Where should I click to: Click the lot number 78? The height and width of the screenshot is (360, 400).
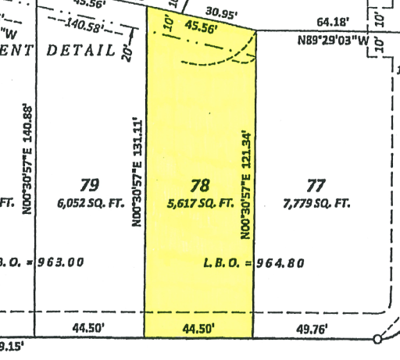point(201,185)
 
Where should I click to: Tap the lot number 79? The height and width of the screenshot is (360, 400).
point(90,185)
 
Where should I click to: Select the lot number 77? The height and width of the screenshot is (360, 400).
point(316,185)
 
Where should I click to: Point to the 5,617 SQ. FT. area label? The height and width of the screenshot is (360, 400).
point(201,203)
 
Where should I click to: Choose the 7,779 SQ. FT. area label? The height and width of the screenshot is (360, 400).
point(316,203)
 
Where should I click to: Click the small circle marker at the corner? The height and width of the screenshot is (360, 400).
point(378,339)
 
